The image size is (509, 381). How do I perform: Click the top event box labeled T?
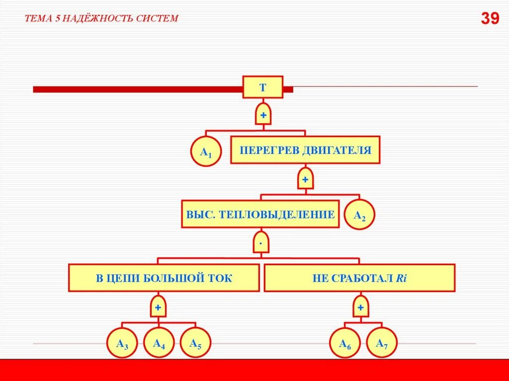pos(263,87)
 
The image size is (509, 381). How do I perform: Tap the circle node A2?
pos(359,214)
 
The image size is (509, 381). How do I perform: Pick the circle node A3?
pos(122,343)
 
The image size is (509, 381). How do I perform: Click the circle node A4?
pos(159,342)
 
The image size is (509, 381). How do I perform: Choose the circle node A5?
pos(195,342)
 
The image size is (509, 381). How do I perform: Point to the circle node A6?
pos(345,343)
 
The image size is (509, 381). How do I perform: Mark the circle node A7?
pos(382,342)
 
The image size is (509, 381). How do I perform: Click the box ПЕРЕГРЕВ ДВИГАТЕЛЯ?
pos(305,150)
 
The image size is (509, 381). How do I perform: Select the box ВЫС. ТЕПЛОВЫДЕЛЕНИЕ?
pos(260,214)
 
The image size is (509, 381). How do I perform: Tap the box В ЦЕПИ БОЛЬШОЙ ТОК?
pos(164,278)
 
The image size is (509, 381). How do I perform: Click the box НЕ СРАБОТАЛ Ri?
pos(359,278)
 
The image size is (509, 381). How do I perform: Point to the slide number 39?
pos(490,19)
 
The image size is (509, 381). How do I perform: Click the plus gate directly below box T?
pos(263,115)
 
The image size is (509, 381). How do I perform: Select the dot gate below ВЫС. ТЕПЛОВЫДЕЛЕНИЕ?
pos(260,242)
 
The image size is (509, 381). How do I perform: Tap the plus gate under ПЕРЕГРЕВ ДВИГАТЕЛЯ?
pos(305,178)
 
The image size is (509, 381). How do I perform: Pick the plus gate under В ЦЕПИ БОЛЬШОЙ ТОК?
pos(158,307)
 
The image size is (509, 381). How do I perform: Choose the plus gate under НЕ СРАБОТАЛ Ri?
pos(360,307)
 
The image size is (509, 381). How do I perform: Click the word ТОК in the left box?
pos(220,278)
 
